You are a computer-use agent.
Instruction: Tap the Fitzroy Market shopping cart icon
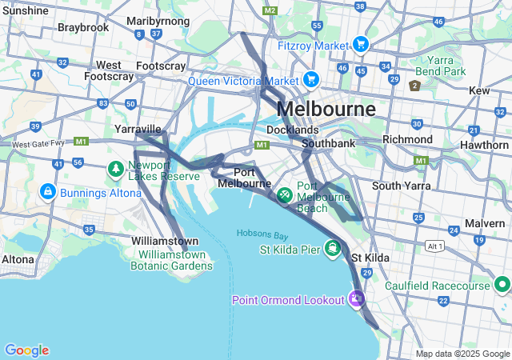pos(361,45)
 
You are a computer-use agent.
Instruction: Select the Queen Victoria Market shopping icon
pos(311,80)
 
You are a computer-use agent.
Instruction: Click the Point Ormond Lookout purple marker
pos(357,299)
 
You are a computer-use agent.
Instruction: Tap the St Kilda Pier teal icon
pos(331,248)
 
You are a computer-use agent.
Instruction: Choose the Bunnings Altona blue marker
pos(47,192)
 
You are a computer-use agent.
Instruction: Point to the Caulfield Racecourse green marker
pos(502,285)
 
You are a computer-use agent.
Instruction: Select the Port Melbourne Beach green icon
pos(284,194)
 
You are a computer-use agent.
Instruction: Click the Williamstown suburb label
pos(165,241)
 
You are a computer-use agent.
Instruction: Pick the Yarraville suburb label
pos(138,129)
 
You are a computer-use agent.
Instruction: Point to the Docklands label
pos(292,130)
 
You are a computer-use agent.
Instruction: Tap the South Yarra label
pos(401,186)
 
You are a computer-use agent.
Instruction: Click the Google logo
pos(26,350)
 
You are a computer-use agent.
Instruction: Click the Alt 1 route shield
pos(435,245)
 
